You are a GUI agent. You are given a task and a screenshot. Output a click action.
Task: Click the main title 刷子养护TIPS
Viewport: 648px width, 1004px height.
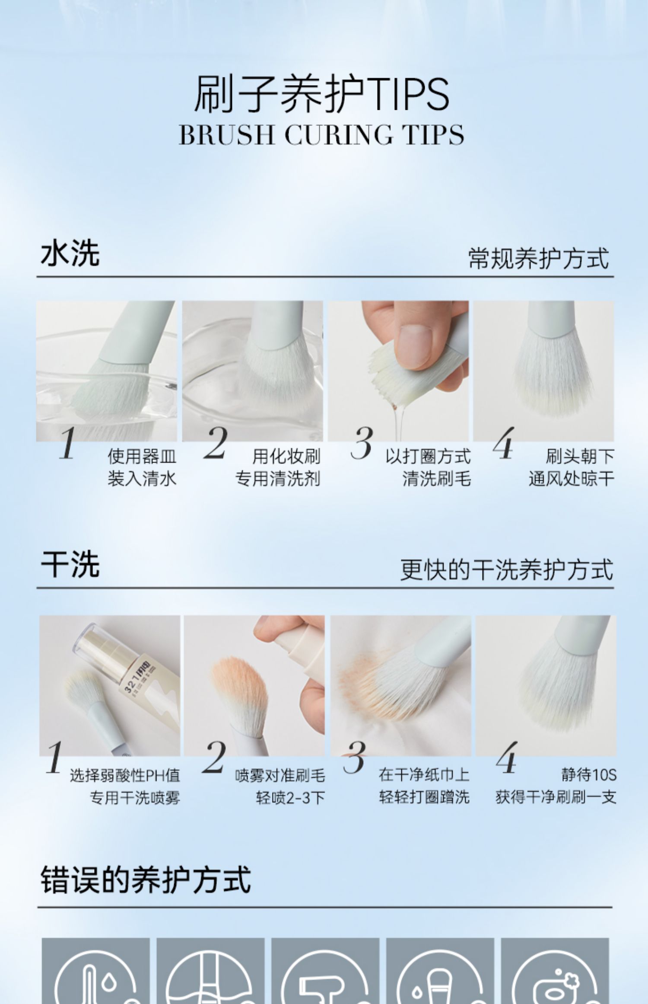(x=321, y=94)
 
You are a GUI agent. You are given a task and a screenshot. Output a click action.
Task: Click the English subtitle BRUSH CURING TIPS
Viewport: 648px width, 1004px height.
(x=321, y=134)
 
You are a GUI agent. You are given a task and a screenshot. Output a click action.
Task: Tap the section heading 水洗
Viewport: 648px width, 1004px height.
(x=70, y=253)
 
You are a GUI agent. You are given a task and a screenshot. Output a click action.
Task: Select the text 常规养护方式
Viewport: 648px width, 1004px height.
(x=539, y=258)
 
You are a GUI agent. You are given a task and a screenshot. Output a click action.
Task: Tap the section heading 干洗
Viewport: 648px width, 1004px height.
(x=70, y=564)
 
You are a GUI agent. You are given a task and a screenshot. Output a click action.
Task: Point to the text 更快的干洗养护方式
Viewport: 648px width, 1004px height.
(x=506, y=569)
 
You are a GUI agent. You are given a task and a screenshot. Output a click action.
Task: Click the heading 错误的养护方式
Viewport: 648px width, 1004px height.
(x=146, y=879)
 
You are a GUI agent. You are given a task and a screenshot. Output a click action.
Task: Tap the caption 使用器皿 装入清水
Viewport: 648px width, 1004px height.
(x=142, y=467)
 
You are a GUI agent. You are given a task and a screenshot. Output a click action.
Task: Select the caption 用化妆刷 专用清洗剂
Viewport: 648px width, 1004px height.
(x=278, y=467)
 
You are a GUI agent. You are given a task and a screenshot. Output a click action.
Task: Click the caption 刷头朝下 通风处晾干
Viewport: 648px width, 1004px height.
(x=571, y=467)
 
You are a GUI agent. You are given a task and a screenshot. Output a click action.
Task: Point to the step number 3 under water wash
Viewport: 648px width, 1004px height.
(x=362, y=443)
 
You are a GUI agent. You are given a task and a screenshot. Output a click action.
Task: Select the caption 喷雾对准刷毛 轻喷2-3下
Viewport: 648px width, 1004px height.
(x=280, y=787)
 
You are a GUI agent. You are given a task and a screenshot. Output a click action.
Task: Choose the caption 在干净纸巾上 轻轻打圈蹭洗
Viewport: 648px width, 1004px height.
(x=424, y=787)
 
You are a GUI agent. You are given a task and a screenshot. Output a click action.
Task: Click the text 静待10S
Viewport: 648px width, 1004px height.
(x=589, y=775)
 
